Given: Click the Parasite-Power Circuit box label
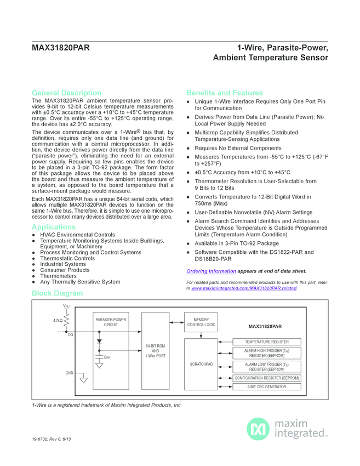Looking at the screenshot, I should (x=111, y=322).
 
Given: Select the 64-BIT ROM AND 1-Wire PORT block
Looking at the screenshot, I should (x=155, y=350).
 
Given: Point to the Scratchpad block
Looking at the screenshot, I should (x=201, y=363).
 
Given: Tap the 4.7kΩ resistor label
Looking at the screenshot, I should (x=58, y=320).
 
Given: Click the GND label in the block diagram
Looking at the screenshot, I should (x=70, y=373).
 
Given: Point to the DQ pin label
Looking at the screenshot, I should (x=71, y=335).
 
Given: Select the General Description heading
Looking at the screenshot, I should (x=66, y=93).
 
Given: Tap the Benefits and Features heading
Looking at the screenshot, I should (x=225, y=93).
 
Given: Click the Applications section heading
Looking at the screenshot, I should (x=54, y=226).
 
